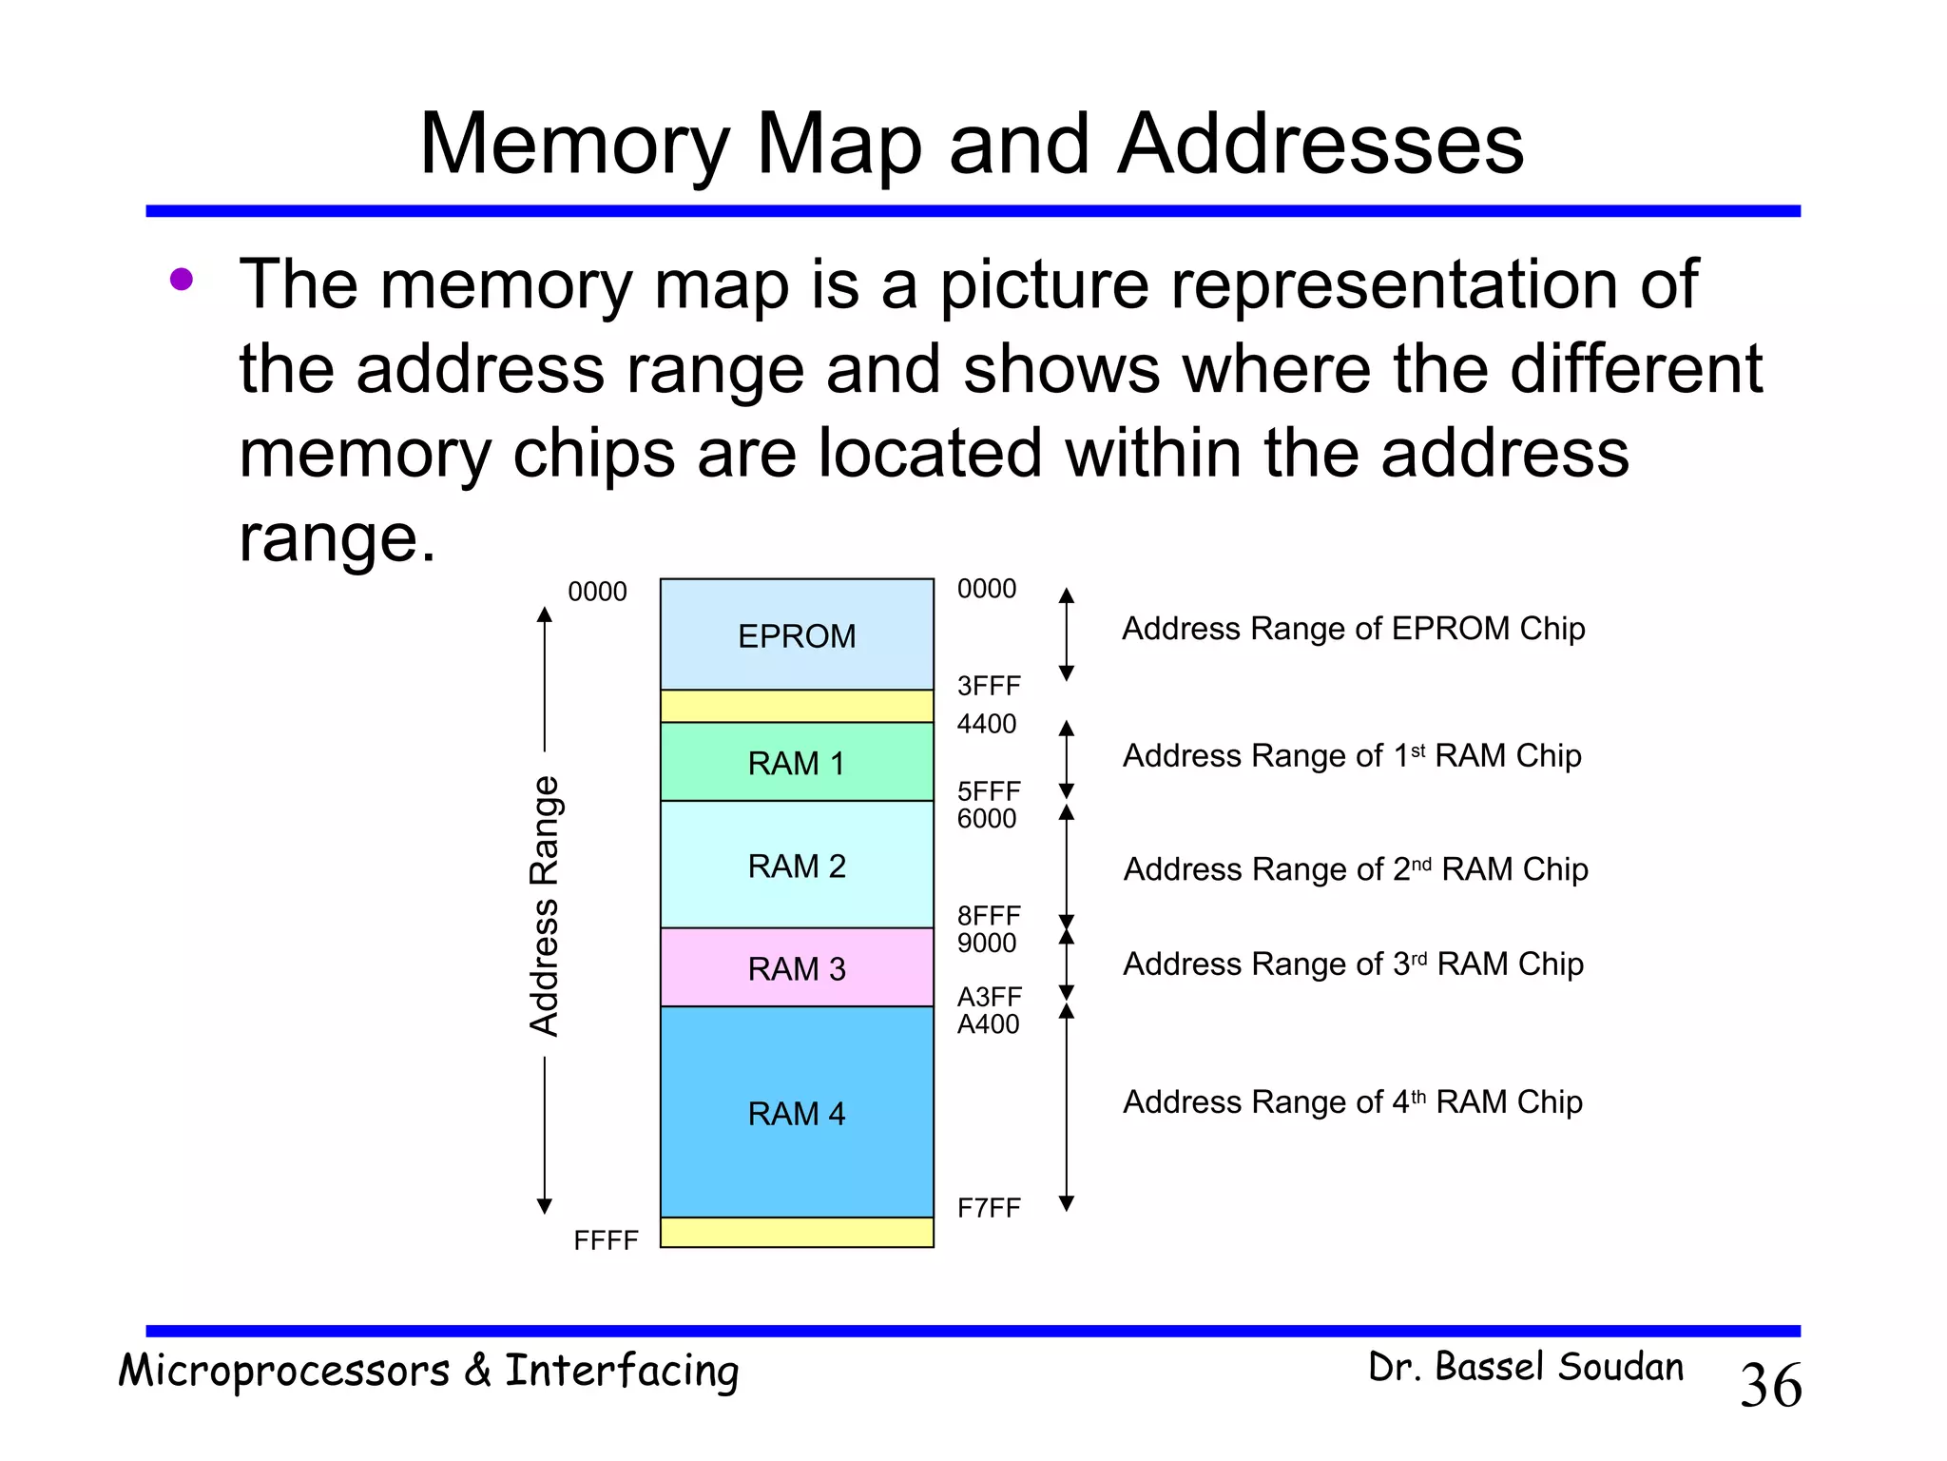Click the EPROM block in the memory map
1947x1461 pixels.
click(797, 635)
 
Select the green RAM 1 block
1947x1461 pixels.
click(797, 763)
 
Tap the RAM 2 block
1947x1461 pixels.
click(797, 866)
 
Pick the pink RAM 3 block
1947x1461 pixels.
click(797, 968)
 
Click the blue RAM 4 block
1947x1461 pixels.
click(797, 1113)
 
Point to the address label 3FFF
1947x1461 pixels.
click(989, 686)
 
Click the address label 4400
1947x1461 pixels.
click(987, 724)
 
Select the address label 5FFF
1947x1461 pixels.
click(989, 791)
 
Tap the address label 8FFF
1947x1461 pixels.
click(989, 916)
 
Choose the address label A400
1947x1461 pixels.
click(989, 1024)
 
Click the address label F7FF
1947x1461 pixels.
click(989, 1208)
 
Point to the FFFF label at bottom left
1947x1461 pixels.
click(606, 1240)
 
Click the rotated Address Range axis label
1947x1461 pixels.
click(545, 906)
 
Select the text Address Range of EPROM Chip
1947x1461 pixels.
click(1354, 629)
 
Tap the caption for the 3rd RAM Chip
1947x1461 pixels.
click(1354, 964)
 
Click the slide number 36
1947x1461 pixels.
click(1770, 1385)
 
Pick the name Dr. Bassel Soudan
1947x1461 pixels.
click(1526, 1367)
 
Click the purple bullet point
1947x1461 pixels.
click(182, 280)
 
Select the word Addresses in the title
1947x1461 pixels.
click(1320, 144)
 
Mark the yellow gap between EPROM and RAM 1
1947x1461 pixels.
click(797, 706)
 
